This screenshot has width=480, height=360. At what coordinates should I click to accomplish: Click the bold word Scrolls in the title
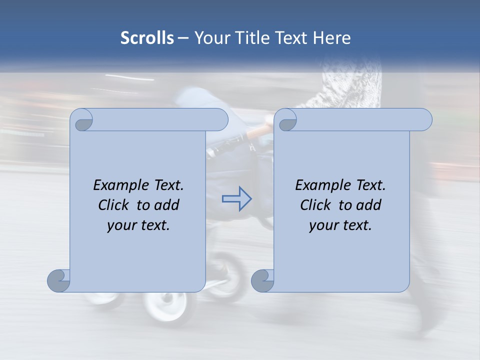click(x=147, y=38)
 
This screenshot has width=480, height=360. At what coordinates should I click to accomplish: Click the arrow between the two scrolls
click(x=236, y=198)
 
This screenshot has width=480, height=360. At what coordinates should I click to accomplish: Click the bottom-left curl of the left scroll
click(x=59, y=280)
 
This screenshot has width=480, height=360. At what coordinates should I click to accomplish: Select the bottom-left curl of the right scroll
click(x=262, y=280)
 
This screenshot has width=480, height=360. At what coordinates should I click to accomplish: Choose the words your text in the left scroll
click(x=138, y=225)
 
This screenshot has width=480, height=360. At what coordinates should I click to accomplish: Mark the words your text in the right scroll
click(x=340, y=225)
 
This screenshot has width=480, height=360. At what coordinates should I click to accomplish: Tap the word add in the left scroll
click(x=167, y=205)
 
